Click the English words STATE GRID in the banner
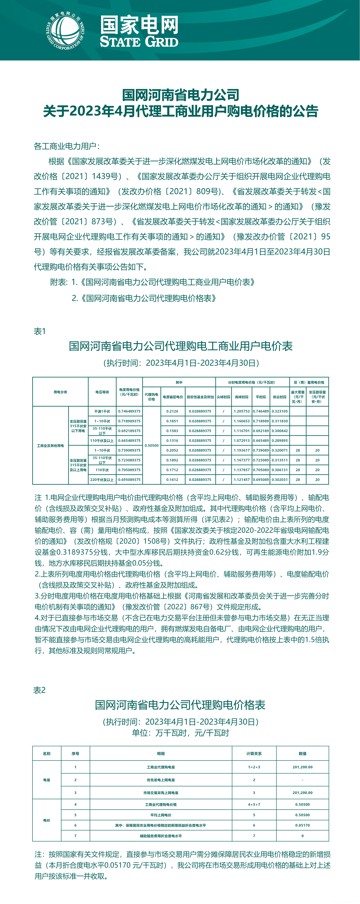[x=139, y=42]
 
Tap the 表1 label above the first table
[x=40, y=331]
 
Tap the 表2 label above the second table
[x=39, y=690]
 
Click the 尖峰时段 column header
[x=223, y=397]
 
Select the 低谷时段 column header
[x=280, y=397]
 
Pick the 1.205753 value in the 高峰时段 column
[x=242, y=411]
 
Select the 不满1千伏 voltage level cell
[x=102, y=411]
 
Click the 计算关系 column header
[x=254, y=753]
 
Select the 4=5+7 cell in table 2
[x=254, y=804]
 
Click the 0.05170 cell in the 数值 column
[x=302, y=825]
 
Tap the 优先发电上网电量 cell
[x=161, y=780]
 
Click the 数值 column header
[x=302, y=753]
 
